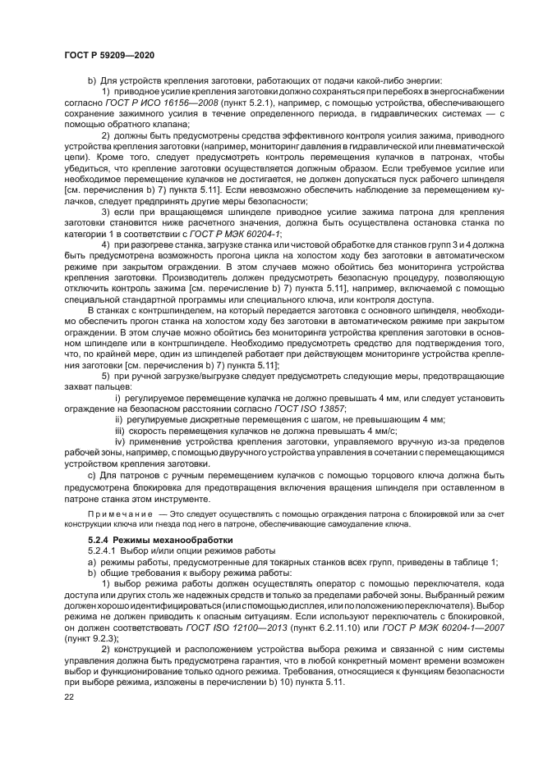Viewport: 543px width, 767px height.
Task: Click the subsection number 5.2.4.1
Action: click(x=105, y=550)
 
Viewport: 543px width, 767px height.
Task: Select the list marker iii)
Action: click(x=120, y=428)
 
